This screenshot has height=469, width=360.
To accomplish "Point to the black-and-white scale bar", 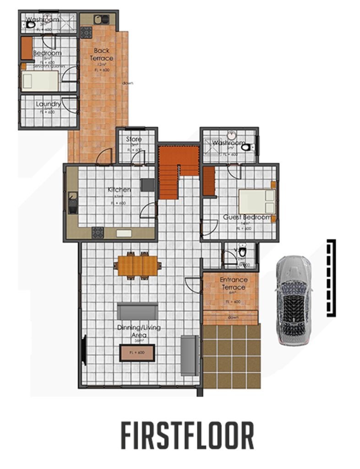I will coord(331,278).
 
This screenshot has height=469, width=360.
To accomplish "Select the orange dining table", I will coord(137,265).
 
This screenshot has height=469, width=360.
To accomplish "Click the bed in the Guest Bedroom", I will coord(256,202).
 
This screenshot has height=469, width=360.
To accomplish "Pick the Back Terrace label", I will coord(102,55).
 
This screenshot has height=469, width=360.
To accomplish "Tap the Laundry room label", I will coord(48,104).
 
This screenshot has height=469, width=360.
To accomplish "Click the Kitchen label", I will coord(119,189).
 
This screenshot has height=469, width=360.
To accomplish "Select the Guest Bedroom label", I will coord(246,217).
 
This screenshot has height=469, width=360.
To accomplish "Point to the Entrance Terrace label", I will coord(234,283).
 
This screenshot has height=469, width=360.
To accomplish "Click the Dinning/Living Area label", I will coord(138,331).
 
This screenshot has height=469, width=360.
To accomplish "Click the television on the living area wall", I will coord(84,351).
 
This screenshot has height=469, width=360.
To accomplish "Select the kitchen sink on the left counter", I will coord(72,203).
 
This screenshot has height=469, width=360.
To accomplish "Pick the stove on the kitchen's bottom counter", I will coord(98,233).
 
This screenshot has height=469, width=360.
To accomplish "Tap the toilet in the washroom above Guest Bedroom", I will coord(248,147).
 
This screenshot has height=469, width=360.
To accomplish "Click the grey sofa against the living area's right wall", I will coord(188,355).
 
